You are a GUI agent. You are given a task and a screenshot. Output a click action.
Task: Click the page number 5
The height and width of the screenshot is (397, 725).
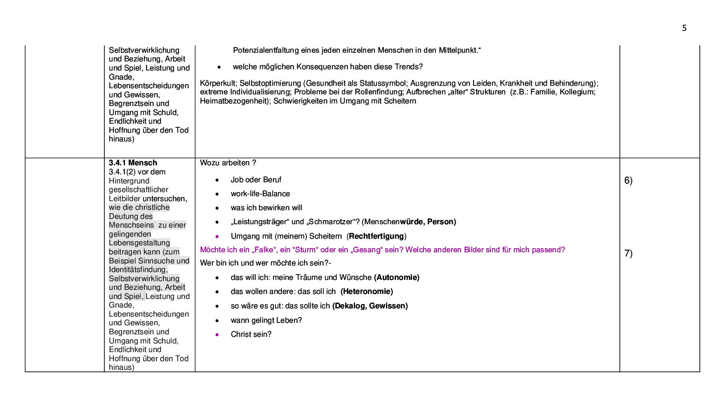pyautogui.click(x=684, y=28)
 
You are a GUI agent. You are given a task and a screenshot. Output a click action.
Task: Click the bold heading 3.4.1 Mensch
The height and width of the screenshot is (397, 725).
pyautogui.click(x=133, y=163)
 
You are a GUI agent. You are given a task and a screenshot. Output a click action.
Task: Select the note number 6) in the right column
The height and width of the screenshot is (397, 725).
pyautogui.click(x=628, y=180)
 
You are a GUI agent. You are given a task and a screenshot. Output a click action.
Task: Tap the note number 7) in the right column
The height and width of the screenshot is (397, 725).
pyautogui.click(x=628, y=253)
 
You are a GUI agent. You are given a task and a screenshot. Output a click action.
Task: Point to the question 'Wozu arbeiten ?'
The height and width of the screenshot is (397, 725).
pyautogui.click(x=228, y=163)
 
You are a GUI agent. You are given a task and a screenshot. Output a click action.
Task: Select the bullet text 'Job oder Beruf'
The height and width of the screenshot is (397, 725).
pyautogui.click(x=256, y=180)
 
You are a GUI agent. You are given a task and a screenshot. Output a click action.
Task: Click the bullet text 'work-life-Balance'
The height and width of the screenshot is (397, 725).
pyautogui.click(x=260, y=194)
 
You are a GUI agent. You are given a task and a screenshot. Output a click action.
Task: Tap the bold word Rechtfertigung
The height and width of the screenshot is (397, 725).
pyautogui.click(x=376, y=236)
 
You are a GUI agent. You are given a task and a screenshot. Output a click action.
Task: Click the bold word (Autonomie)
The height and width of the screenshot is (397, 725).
pyautogui.click(x=397, y=277)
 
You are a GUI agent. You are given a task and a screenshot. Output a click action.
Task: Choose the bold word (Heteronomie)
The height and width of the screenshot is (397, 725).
pyautogui.click(x=367, y=291)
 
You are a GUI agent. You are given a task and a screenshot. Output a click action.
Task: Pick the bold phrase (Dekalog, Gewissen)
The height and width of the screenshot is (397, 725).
pyautogui.click(x=370, y=306)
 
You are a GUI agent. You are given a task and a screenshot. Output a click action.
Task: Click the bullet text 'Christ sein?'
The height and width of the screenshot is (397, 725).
pyautogui.click(x=251, y=334)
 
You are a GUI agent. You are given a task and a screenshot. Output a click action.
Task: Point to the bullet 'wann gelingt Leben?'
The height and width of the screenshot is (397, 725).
pyautogui.click(x=266, y=320)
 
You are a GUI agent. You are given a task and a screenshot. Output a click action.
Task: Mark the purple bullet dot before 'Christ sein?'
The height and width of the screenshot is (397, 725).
pyautogui.click(x=217, y=335)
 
